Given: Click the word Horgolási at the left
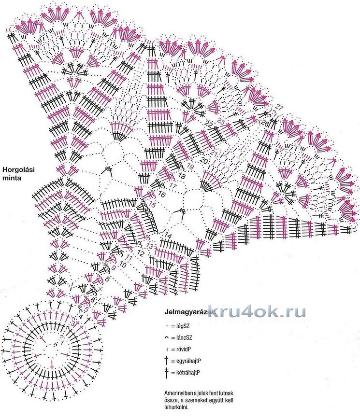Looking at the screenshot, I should point(18,169).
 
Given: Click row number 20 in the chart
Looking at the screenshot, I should point(204,160).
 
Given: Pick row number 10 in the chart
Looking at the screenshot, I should point(123,265).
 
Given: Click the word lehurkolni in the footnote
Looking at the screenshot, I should point(176,407).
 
